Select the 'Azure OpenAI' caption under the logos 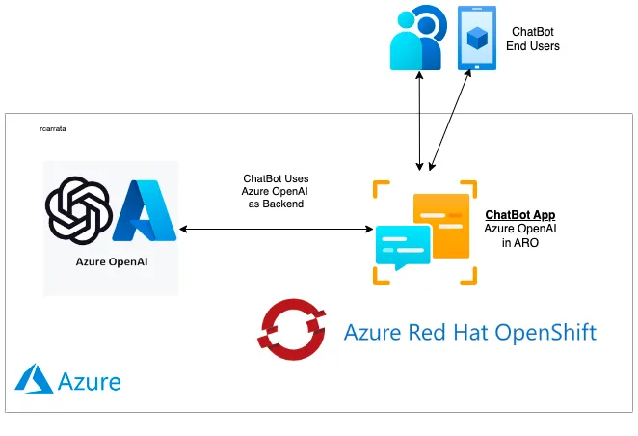point(111,261)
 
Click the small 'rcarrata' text point(53,127)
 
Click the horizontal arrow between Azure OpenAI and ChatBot point(277,229)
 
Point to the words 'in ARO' point(519,243)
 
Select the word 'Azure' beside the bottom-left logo point(90,381)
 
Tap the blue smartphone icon point(477,38)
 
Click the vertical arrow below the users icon point(418,121)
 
